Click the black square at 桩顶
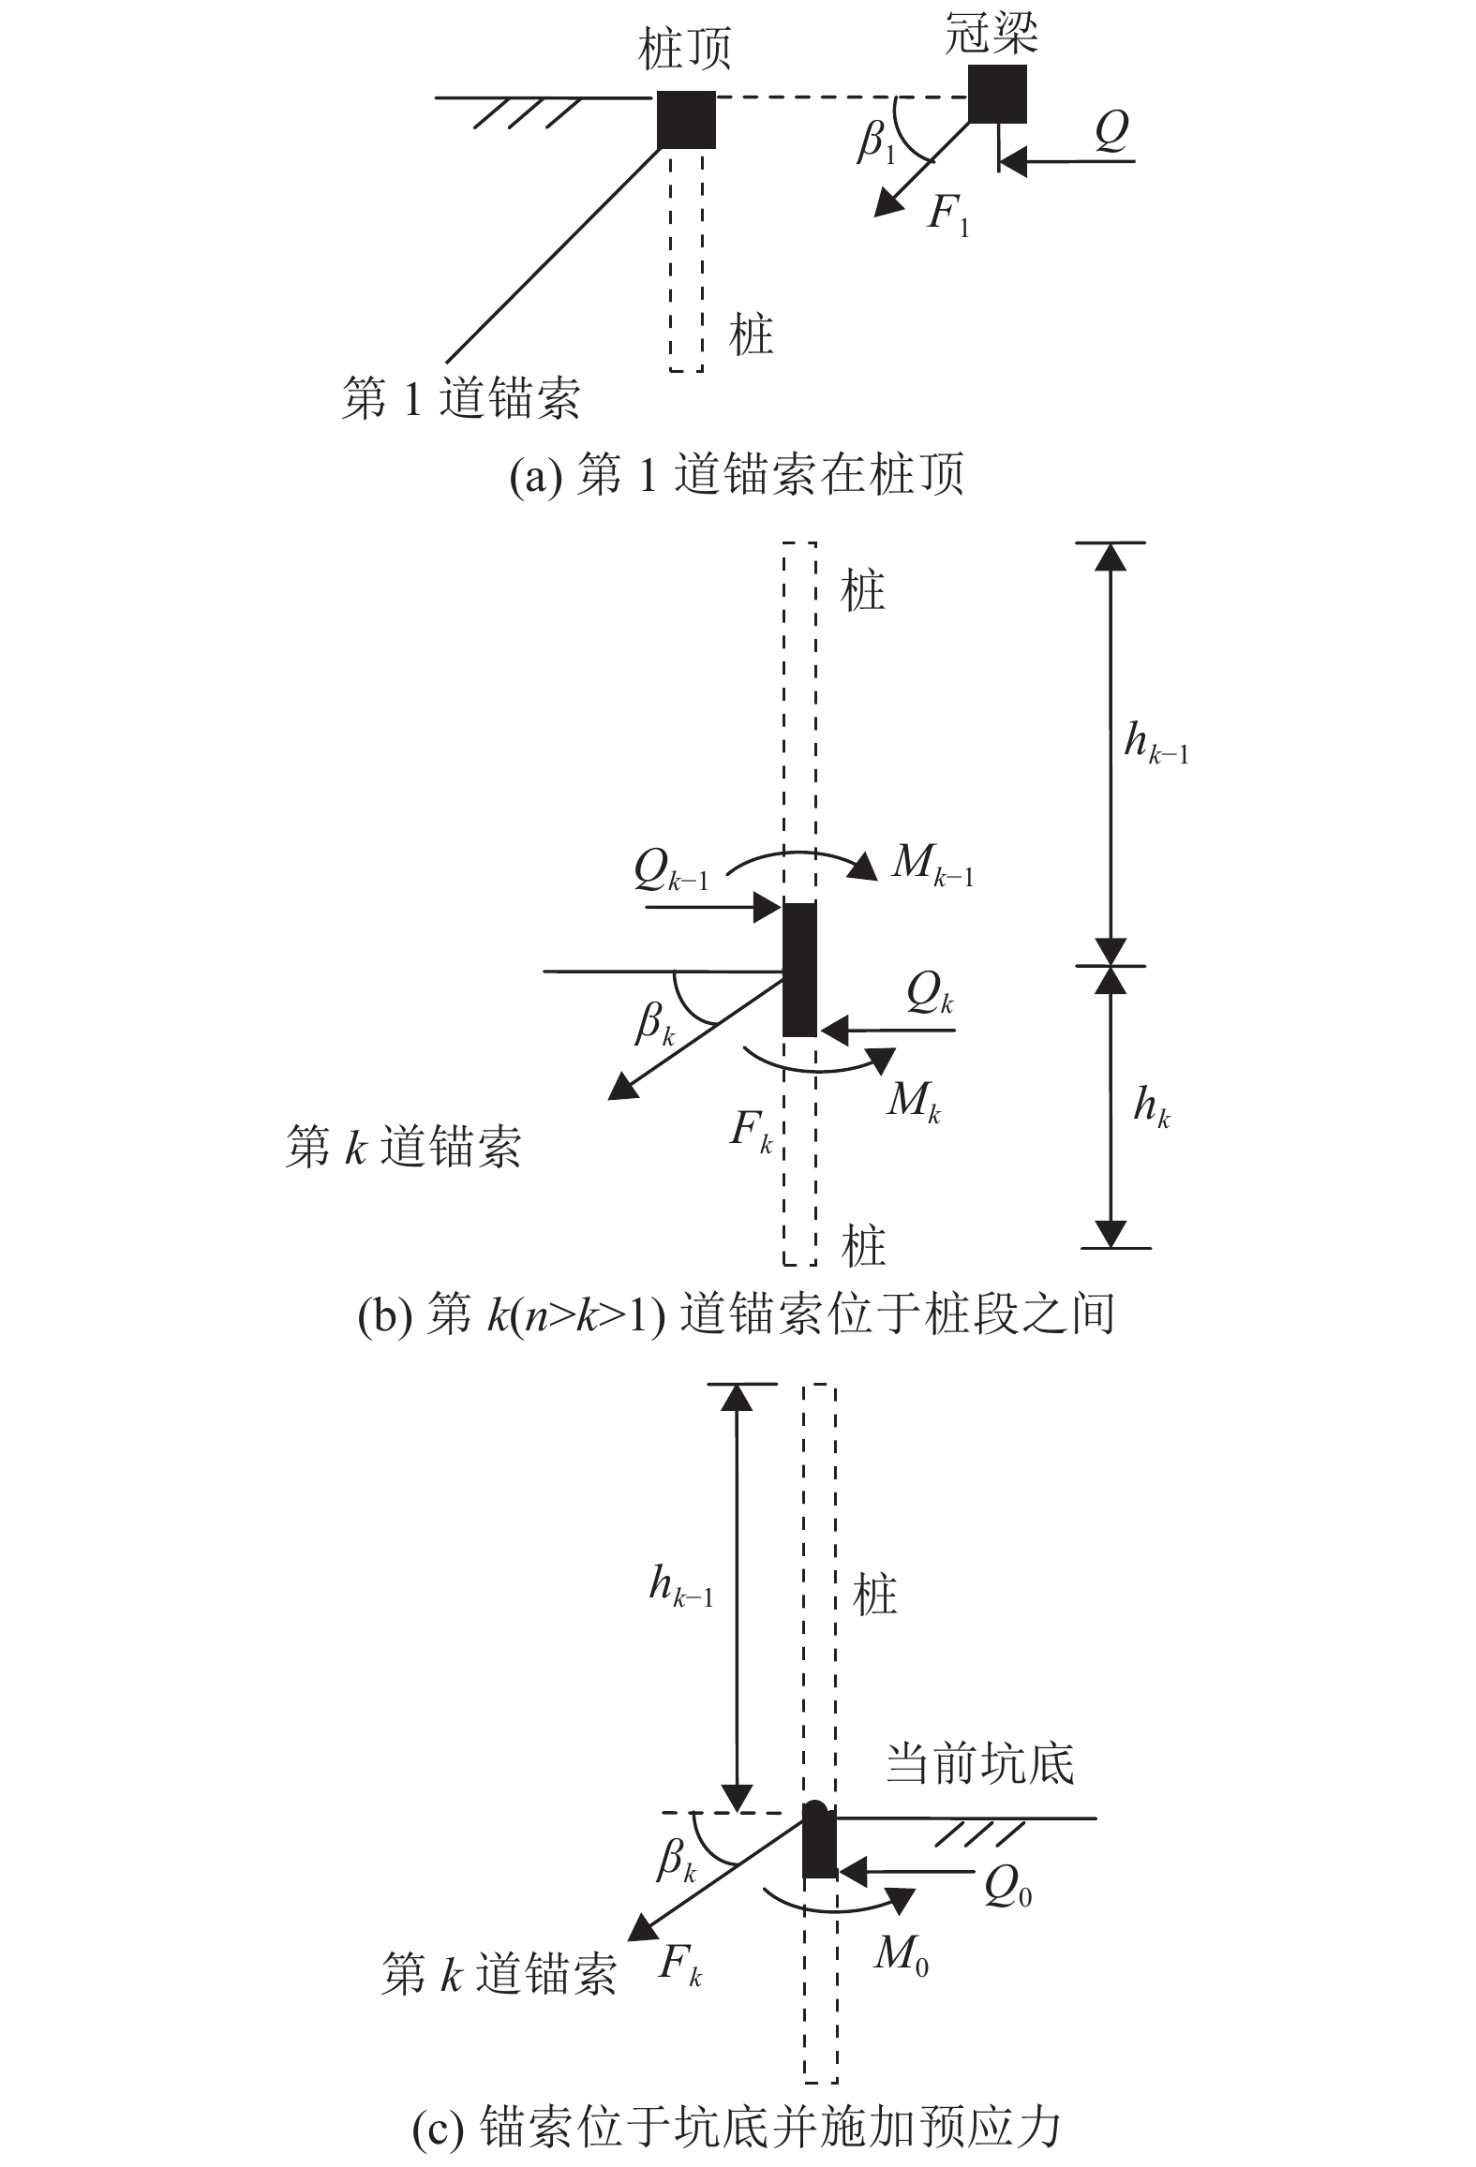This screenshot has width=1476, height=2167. coord(686,119)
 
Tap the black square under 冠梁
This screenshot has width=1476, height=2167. coord(996,94)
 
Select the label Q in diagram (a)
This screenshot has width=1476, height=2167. coord(1111,132)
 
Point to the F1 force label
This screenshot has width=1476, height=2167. coord(948,217)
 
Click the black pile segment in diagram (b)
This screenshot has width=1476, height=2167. coord(799,969)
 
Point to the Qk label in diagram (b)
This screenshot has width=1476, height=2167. coord(930,995)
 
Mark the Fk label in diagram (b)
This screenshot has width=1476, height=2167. coord(752,1134)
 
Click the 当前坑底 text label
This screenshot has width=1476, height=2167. coord(980,1764)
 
